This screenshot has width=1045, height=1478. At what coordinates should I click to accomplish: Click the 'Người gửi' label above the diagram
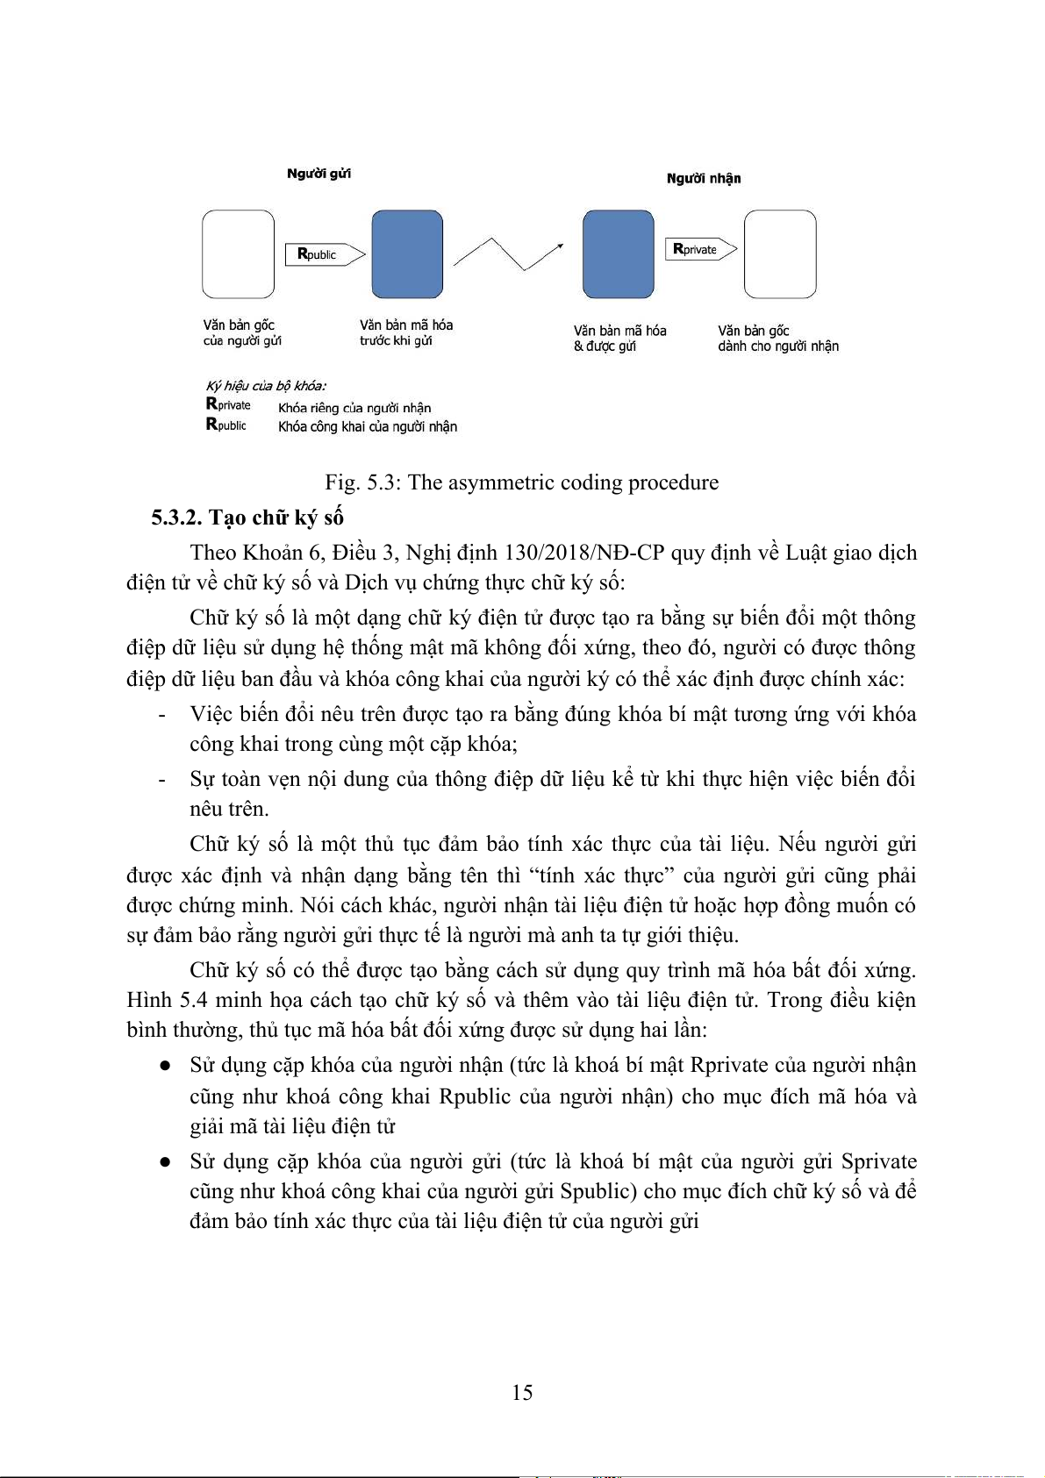coord(319,174)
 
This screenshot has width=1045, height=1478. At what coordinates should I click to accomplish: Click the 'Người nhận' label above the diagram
coord(703,179)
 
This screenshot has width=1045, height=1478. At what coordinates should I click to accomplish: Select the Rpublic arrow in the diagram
coord(324,254)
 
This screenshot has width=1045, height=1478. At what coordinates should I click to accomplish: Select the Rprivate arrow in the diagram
coord(700,249)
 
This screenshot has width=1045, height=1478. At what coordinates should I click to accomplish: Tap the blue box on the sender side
coord(407,254)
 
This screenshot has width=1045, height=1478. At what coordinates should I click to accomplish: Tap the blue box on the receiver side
coord(618,254)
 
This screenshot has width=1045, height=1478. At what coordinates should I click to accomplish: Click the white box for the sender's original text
coord(238,254)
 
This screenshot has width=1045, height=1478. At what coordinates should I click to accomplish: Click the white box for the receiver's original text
coord(779,254)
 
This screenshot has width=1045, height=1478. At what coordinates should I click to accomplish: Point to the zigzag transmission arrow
coord(508,253)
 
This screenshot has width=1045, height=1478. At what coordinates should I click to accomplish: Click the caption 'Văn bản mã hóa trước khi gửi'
coord(405,332)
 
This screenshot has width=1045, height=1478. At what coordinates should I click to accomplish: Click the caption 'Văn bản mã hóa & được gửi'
coord(619,339)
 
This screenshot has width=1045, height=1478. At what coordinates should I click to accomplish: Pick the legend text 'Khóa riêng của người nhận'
coord(354,408)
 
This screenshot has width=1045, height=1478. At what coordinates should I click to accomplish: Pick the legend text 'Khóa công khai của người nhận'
coord(368,427)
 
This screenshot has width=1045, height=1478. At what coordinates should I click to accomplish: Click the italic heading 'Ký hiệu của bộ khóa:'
coord(266,386)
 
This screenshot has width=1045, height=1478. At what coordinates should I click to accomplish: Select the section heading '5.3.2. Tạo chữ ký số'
coord(247,518)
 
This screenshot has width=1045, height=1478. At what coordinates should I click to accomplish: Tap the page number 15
coord(522,1393)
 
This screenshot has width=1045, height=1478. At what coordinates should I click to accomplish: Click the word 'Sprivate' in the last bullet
coord(878,1161)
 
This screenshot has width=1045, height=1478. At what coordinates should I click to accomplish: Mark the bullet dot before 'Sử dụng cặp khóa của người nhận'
coord(164,1066)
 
